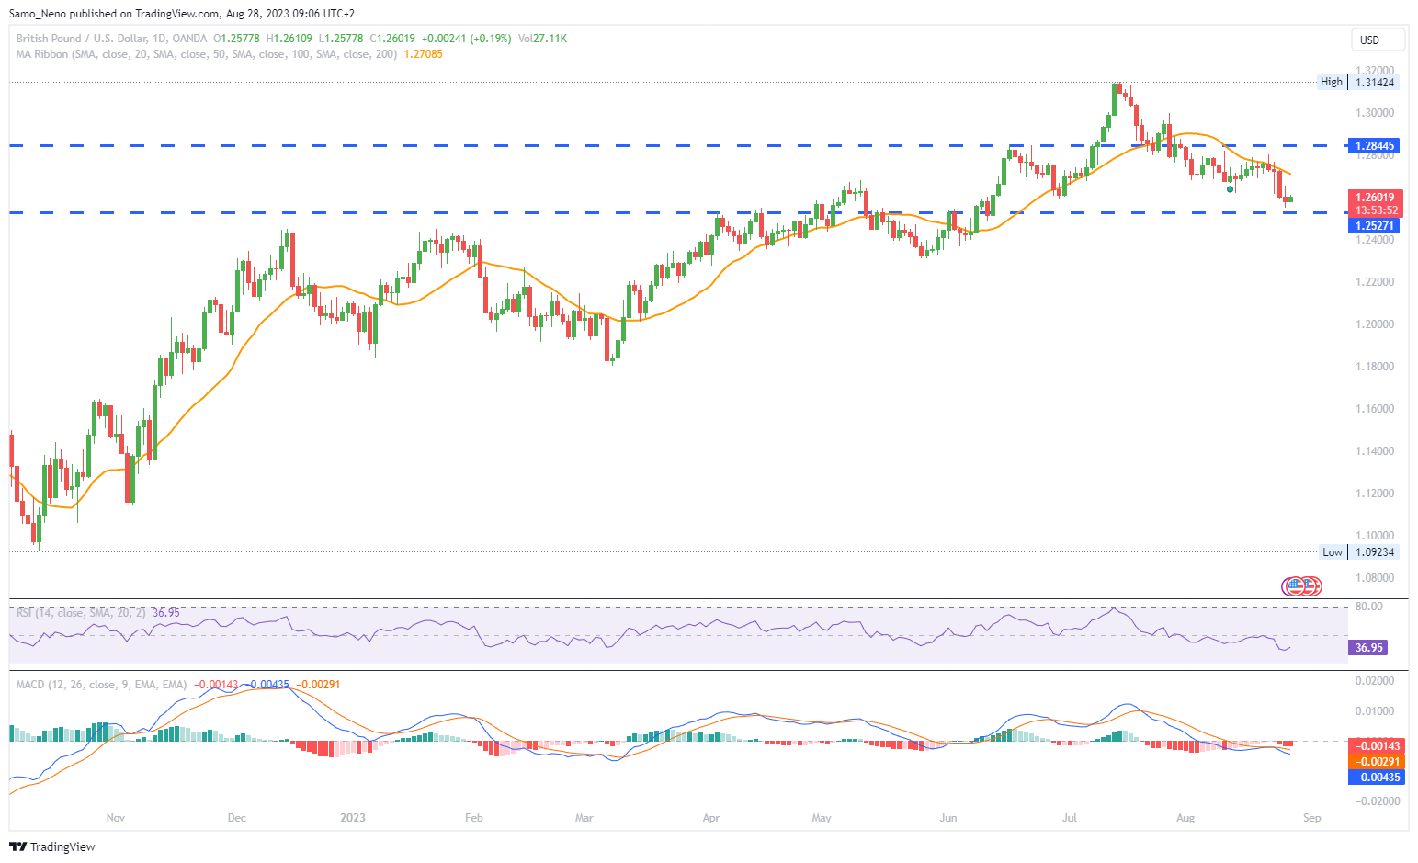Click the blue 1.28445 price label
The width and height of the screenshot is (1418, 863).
1374,146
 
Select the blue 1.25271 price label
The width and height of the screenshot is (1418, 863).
1374,226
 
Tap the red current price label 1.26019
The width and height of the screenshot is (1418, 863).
1375,198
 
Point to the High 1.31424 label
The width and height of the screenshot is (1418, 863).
1358,83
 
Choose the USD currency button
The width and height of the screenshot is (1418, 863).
1376,40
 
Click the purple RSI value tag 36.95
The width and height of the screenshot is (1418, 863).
1367,648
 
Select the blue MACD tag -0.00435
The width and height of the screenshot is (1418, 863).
1376,778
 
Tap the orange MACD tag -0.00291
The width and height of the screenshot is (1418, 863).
1376,762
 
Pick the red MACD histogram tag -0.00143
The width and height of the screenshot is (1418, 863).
1376,746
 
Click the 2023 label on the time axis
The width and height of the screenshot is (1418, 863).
353,818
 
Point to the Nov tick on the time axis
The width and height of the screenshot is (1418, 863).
116,818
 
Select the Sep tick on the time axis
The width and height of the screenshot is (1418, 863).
1311,818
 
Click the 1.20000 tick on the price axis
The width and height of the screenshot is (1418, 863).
1375,324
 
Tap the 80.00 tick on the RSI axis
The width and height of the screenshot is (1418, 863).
1368,607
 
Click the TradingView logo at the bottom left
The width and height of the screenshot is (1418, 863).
52,846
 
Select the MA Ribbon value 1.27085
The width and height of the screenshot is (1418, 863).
424,54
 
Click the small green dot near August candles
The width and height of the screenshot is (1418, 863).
1231,189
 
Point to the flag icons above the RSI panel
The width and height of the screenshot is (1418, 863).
1302,585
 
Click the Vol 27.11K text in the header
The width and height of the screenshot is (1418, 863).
542,39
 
